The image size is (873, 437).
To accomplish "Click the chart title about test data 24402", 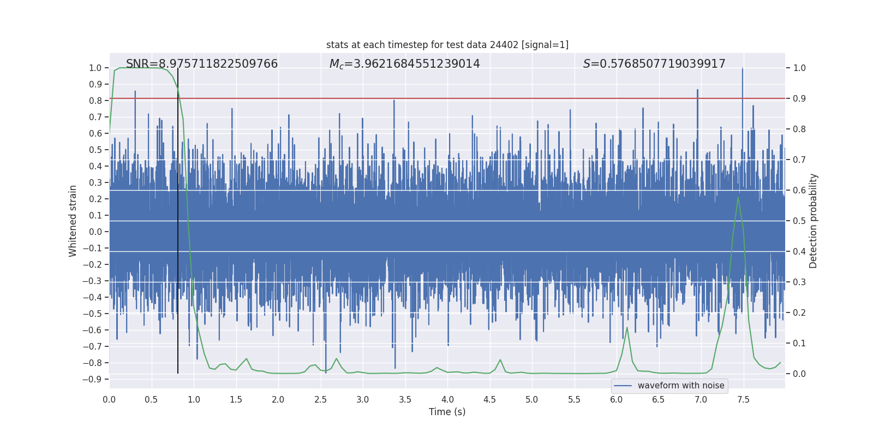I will coord(447,45).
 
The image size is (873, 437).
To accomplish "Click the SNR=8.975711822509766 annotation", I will coord(202,64).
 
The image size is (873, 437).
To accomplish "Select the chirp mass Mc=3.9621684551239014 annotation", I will coord(404,64).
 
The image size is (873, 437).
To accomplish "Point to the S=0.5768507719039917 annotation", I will coord(654,64).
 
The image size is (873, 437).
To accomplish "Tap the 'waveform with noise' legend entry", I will coord(680,386).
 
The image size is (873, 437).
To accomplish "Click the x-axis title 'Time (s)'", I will coord(447,412).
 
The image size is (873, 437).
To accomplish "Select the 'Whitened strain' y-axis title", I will coord(73,221).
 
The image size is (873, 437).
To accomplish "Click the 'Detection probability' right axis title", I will coord(814,221).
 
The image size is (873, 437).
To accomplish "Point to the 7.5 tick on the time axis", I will coord(743,399).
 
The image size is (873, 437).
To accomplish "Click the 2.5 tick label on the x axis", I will coord(320,399).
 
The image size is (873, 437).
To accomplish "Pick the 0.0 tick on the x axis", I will coord(109,399).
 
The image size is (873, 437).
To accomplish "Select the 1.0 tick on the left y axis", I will coord(95,68).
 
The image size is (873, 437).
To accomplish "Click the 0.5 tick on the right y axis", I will coord(799,221).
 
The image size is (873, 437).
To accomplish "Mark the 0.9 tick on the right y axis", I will coord(799,98).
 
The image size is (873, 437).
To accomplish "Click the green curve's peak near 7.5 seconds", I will coord(738,197).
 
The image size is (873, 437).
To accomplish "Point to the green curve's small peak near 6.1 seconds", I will coord(627,328).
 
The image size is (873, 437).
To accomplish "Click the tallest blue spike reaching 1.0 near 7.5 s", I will coord(743,69).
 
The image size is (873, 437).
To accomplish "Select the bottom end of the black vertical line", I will coord(178,373).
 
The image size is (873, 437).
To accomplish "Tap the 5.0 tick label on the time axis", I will coord(532,399).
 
